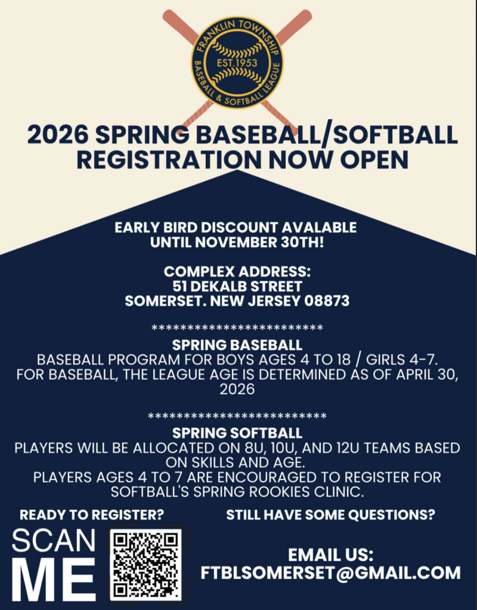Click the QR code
pos(147,564)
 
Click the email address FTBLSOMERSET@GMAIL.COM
pos(330,573)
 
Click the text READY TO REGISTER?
pos(92,514)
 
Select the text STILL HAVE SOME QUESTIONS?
pos(330,514)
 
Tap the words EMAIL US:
pos(330,555)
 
